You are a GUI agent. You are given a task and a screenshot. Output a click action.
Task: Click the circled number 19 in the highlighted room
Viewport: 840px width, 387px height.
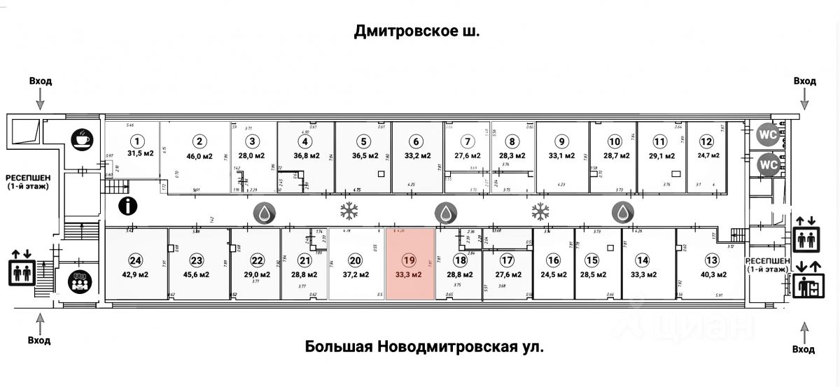tap(409, 260)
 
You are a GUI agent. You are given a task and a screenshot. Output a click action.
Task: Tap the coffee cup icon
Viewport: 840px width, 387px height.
tap(82, 138)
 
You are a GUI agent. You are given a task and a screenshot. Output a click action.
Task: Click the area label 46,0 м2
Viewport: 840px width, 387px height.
tap(199, 156)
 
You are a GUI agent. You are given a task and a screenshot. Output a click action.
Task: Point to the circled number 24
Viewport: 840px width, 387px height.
tap(135, 260)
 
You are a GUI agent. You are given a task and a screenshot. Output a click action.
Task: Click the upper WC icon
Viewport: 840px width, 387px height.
tap(767, 132)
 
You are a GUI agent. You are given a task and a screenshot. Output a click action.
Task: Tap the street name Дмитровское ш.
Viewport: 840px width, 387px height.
tap(417, 31)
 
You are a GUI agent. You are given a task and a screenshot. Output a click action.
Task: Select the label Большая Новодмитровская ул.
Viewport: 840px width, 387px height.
tap(424, 346)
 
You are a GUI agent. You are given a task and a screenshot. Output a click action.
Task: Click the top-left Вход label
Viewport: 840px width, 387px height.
tap(41, 81)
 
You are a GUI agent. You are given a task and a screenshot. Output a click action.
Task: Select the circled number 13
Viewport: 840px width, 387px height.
tap(712, 260)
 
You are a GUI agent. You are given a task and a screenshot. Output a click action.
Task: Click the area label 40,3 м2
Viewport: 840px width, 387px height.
tap(712, 274)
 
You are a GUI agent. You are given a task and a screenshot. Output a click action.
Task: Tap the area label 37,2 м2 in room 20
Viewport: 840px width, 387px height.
tap(356, 274)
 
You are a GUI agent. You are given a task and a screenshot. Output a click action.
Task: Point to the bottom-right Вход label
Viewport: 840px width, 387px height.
tap(804, 349)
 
